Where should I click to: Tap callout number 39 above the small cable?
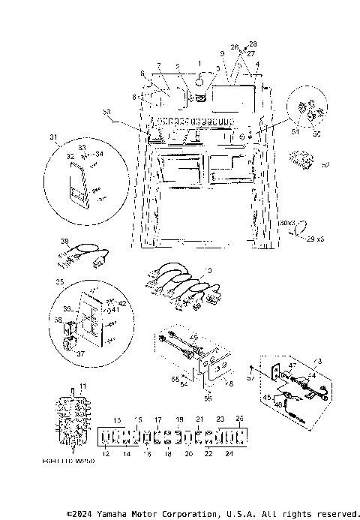[x=64, y=242]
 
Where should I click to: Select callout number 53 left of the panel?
[x=106, y=112]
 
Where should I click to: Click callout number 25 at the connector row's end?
[x=239, y=416]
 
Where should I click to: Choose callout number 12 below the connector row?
[x=105, y=455]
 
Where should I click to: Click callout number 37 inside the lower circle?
[x=81, y=353]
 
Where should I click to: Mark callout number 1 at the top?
[x=199, y=61]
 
